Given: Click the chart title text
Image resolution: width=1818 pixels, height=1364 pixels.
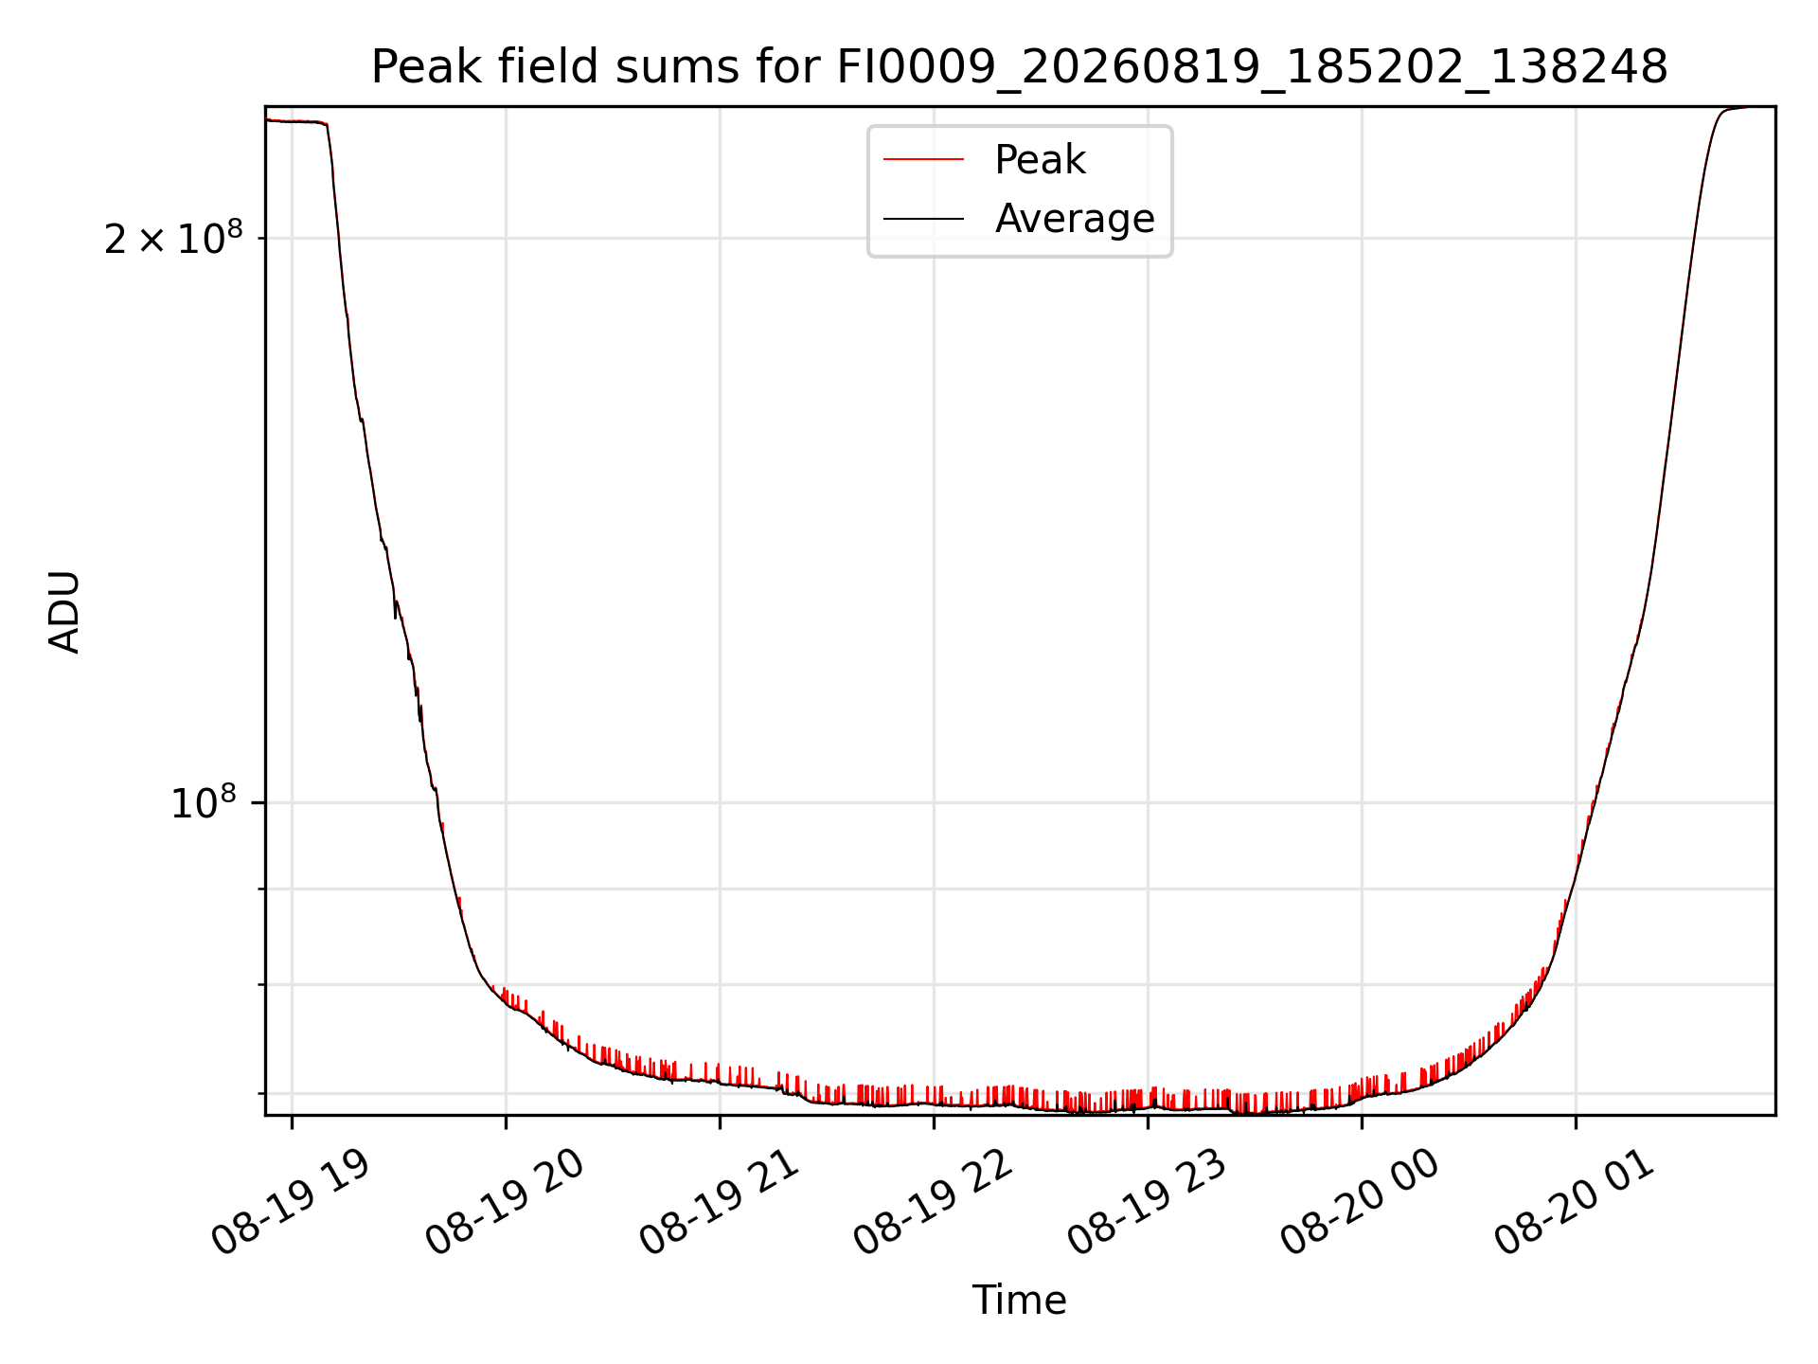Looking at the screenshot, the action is pyautogui.click(x=1019, y=67).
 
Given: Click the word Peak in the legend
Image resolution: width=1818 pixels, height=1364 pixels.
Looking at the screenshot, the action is pyautogui.click(x=1040, y=160).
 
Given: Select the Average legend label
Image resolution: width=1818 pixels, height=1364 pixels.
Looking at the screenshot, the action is pyautogui.click(x=1075, y=219).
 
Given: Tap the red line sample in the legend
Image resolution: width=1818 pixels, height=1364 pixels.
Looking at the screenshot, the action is pyautogui.click(x=923, y=160).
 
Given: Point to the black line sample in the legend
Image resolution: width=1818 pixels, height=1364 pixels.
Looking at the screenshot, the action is pyautogui.click(x=923, y=219).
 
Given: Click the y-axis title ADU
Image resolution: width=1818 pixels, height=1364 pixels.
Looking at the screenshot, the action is pyautogui.click(x=65, y=611).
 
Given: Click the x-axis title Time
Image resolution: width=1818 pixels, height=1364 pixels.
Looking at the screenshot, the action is pyautogui.click(x=1019, y=1301).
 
